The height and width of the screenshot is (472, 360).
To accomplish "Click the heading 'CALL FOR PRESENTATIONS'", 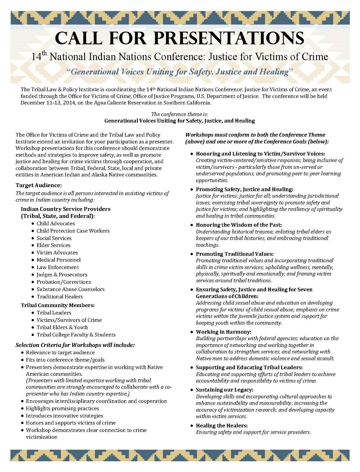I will click(180, 39).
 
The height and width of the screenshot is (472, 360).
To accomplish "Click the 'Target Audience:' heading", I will click(38, 185).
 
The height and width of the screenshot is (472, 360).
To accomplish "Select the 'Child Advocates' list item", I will click(56, 223).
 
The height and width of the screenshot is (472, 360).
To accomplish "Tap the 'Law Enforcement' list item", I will click(58, 267).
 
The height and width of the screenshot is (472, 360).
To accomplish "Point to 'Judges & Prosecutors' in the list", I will click(62, 274).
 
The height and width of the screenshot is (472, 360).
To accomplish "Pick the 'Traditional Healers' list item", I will click(60, 296).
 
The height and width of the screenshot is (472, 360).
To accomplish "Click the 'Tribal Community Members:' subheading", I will click(58, 305).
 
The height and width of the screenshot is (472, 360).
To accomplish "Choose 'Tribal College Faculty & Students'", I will click(76, 335).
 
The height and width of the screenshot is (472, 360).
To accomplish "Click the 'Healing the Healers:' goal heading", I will click(222, 425).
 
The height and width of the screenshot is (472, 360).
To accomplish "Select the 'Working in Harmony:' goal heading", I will click(223, 332).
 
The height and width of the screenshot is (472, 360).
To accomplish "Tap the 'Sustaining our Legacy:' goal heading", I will click(224, 390).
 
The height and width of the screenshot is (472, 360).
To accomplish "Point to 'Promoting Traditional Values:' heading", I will click(235, 254).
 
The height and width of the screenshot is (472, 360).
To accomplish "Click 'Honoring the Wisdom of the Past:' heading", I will click(239, 225).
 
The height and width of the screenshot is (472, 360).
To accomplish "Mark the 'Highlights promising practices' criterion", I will click(62, 408).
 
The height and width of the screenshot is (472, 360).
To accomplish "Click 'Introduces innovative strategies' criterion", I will click(64, 416).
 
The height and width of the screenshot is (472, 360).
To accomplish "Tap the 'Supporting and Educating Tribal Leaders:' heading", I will click(249, 367).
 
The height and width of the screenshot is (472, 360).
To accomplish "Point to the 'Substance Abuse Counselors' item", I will click(70, 289).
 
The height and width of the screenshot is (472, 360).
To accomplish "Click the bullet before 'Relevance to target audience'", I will click(22, 353).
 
